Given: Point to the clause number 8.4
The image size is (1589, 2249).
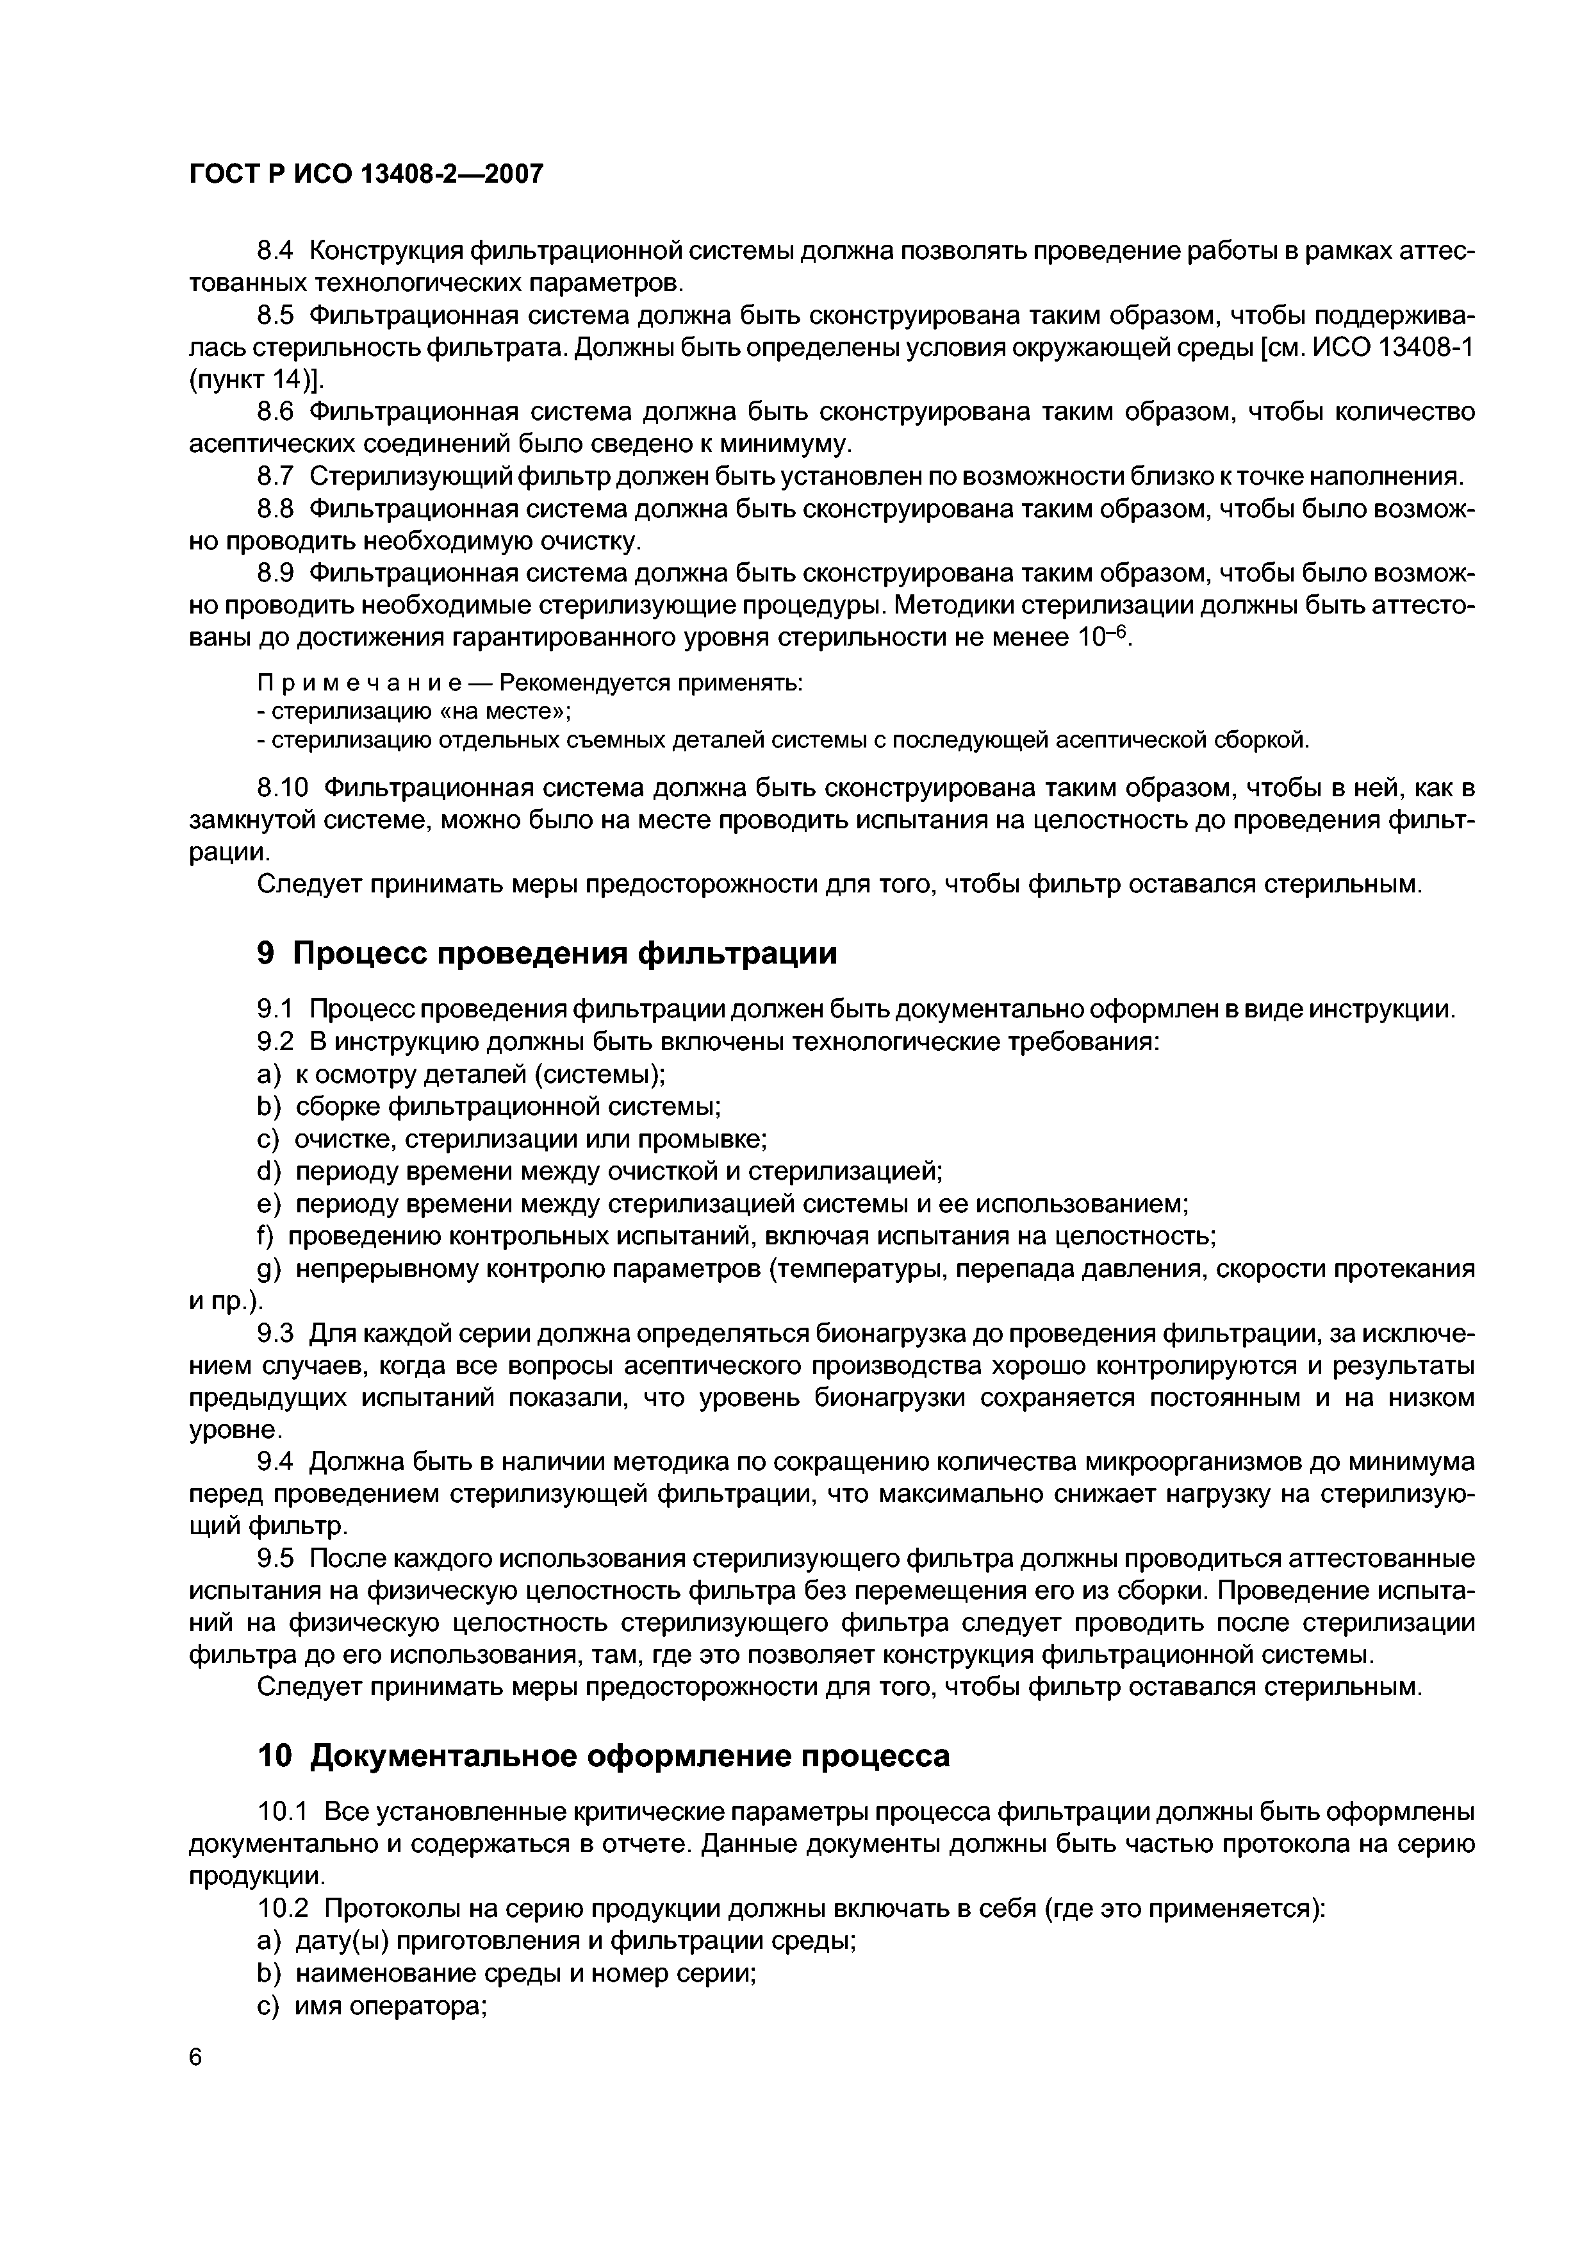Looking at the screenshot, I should pyautogui.click(x=275, y=252).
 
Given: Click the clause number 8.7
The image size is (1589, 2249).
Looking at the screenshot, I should pyautogui.click(x=275, y=477).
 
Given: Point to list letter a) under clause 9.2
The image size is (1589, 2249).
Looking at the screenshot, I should pyautogui.click(x=268, y=1074).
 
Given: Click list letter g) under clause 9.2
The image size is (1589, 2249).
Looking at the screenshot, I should pyautogui.click(x=268, y=1269).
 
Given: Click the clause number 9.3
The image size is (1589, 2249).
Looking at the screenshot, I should pyautogui.click(x=275, y=1334).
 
